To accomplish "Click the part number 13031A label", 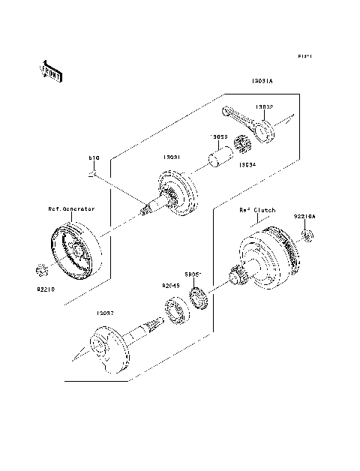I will pyautogui.click(x=262, y=81).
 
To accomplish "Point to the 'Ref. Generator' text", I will pyautogui.click(x=72, y=209).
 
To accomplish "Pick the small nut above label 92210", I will pyautogui.click(x=43, y=268).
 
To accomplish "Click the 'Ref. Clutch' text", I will pyautogui.click(x=259, y=211).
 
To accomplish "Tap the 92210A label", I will pyautogui.click(x=304, y=216).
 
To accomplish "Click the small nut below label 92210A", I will pyautogui.click(x=306, y=237).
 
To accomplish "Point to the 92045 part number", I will pyautogui.click(x=172, y=286).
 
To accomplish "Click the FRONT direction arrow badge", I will pyautogui.click(x=50, y=70).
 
